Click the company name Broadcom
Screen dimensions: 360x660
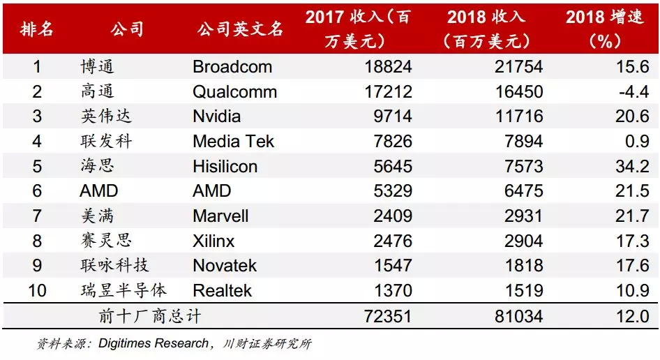(232, 67)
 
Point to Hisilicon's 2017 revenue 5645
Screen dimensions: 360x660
(389, 167)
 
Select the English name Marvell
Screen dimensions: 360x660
(220, 216)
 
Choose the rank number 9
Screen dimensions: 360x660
(37, 266)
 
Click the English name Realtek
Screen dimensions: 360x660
(222, 290)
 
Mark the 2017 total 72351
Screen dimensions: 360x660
(384, 317)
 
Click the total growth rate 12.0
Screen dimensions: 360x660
(632, 317)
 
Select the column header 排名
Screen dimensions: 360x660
(37, 29)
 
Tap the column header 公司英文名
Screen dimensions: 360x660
(240, 29)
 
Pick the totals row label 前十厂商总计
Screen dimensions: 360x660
(151, 317)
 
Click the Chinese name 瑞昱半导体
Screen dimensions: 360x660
(123, 290)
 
